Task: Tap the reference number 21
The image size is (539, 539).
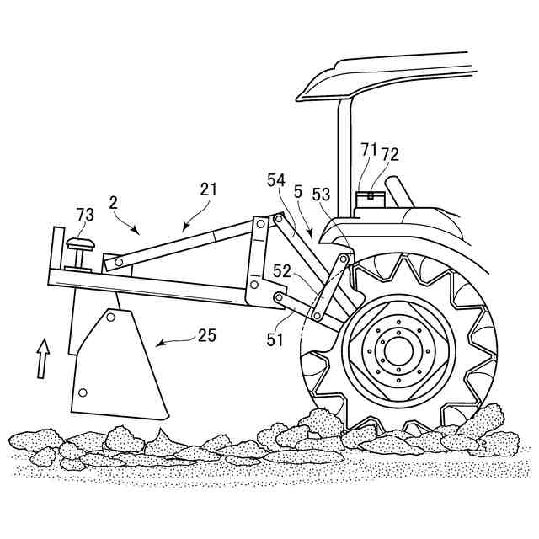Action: (208, 189)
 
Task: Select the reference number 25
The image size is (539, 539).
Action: (206, 335)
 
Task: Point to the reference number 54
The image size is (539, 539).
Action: (276, 180)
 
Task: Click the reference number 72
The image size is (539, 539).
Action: (389, 154)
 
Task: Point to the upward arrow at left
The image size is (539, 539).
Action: (44, 356)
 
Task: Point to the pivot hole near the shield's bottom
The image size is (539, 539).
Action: (83, 392)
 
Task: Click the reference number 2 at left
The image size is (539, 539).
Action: (113, 202)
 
